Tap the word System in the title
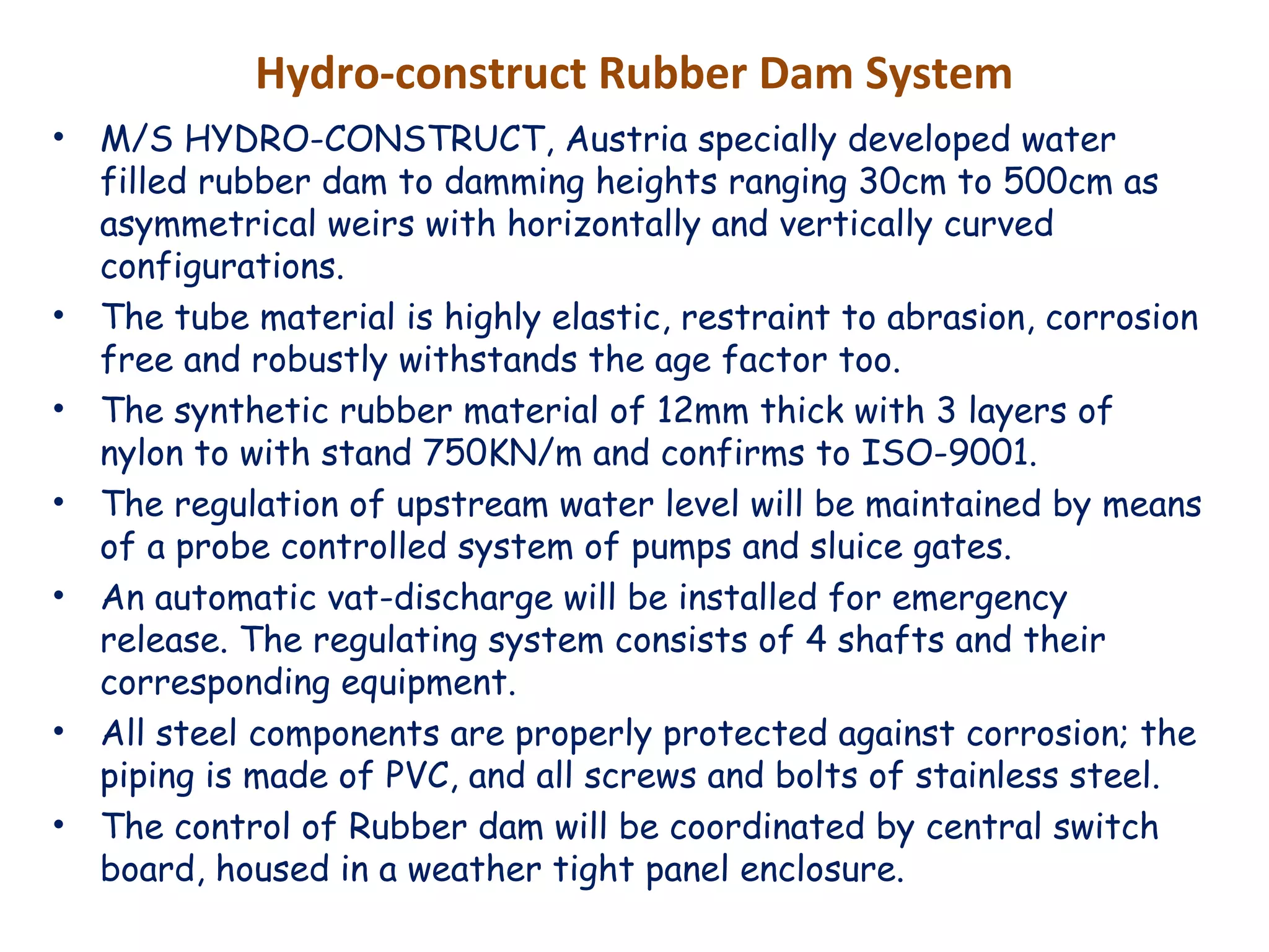[938, 74]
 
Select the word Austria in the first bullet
[626, 139]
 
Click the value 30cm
[902, 182]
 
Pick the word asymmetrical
[208, 224]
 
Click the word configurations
[222, 267]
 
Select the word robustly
[320, 361]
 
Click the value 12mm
[702, 411]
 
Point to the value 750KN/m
[503, 453]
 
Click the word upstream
[472, 505]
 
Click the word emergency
[980, 599]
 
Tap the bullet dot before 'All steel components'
[59, 732]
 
